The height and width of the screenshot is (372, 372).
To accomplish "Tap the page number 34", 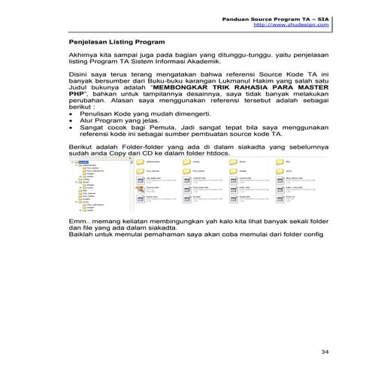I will click(x=325, y=351).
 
